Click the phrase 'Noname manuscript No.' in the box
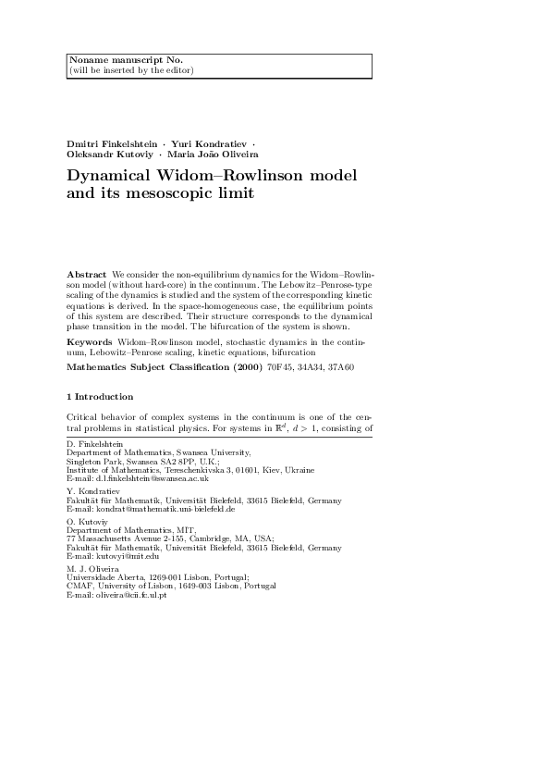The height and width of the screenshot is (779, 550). pos(111,60)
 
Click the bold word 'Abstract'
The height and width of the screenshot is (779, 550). pos(87,276)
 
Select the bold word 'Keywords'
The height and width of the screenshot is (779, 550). pos(90,342)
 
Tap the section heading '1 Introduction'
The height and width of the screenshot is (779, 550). pos(101,423)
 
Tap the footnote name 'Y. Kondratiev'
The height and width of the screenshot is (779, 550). pos(92,491)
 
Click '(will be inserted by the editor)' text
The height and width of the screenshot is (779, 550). pos(131,70)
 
